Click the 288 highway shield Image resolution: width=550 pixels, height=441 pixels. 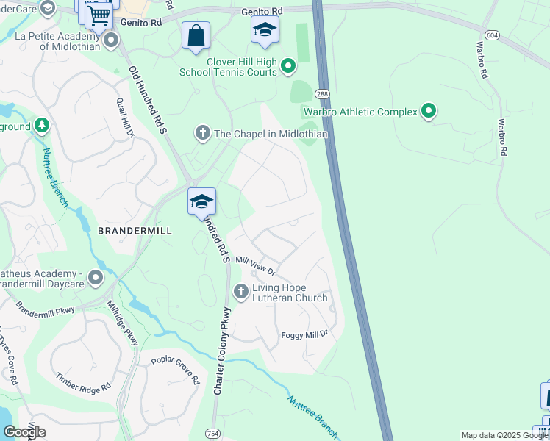(x=322, y=94)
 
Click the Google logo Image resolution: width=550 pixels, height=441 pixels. (x=24, y=432)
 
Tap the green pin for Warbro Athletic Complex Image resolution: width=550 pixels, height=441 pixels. (x=429, y=112)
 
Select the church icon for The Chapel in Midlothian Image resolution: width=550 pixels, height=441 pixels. (x=202, y=133)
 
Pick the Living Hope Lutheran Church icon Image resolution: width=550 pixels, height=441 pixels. (x=240, y=292)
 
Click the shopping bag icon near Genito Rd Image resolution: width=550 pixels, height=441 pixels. (x=196, y=35)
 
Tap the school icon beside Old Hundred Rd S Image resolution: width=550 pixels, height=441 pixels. (x=201, y=201)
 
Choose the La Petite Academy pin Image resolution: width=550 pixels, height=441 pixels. (x=111, y=40)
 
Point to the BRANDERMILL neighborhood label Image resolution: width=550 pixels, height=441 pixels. (x=135, y=230)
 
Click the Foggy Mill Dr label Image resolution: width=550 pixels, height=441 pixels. (x=304, y=335)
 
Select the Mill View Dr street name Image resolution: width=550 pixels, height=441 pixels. (x=254, y=265)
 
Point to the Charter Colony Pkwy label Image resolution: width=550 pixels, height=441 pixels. (x=222, y=351)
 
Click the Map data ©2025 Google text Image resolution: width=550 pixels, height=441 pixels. (x=504, y=435)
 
